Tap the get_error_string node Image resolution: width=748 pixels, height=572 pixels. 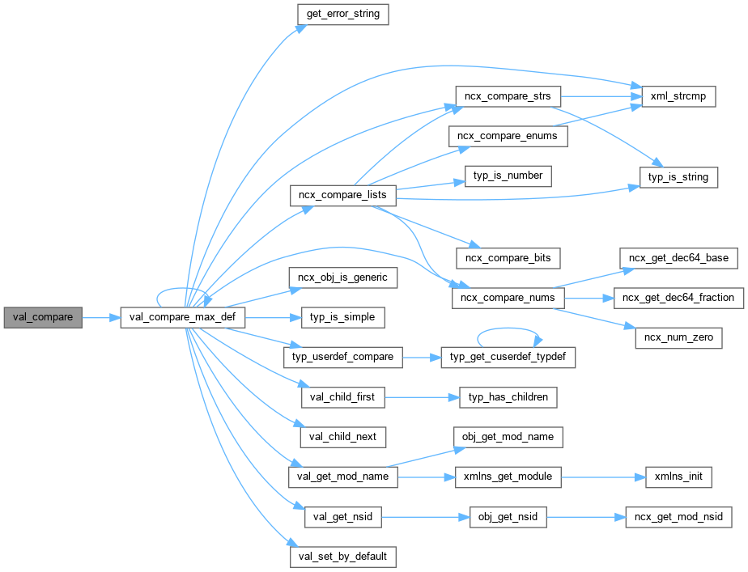[343, 15]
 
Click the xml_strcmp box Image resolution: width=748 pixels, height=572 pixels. [678, 96]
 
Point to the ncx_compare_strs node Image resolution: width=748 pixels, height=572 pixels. [508, 96]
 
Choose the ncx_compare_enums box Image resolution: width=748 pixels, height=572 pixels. [508, 136]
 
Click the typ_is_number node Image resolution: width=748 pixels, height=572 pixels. [508, 176]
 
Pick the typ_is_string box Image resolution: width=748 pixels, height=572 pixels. [678, 176]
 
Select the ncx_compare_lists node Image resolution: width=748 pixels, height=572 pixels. [343, 196]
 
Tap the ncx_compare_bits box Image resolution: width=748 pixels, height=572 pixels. [508, 258]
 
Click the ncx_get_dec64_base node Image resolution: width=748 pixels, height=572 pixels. [678, 258]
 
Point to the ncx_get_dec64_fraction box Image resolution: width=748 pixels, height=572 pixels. [678, 298]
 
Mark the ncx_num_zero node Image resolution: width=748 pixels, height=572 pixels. [678, 337]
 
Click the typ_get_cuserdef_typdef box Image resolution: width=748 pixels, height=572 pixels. [508, 357]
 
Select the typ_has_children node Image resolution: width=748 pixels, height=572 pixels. [508, 396]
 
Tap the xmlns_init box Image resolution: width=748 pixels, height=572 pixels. [678, 477]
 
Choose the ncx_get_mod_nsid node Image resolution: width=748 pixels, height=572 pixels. [678, 516]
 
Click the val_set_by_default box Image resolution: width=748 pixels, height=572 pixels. [343, 556]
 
